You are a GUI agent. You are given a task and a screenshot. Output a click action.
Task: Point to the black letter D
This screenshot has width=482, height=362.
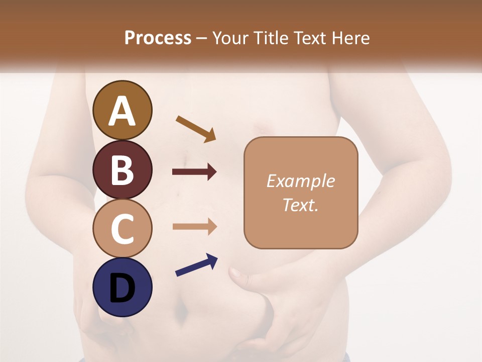tap(123, 288)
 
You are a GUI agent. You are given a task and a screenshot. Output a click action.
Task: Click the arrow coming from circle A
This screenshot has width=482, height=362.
tap(196, 129)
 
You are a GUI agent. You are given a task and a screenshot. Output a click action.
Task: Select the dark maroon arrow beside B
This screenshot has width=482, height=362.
tap(194, 172)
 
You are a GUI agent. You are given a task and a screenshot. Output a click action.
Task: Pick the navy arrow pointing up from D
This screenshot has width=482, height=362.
tap(196, 265)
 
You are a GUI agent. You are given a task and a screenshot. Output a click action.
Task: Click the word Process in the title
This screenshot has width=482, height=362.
tap(158, 38)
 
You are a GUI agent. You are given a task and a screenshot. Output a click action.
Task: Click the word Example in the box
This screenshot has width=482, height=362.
tap(300, 181)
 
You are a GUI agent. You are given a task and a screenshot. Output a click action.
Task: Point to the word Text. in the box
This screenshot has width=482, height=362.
tap(300, 205)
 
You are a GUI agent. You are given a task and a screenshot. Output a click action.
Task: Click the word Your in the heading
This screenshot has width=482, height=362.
tap(230, 38)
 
